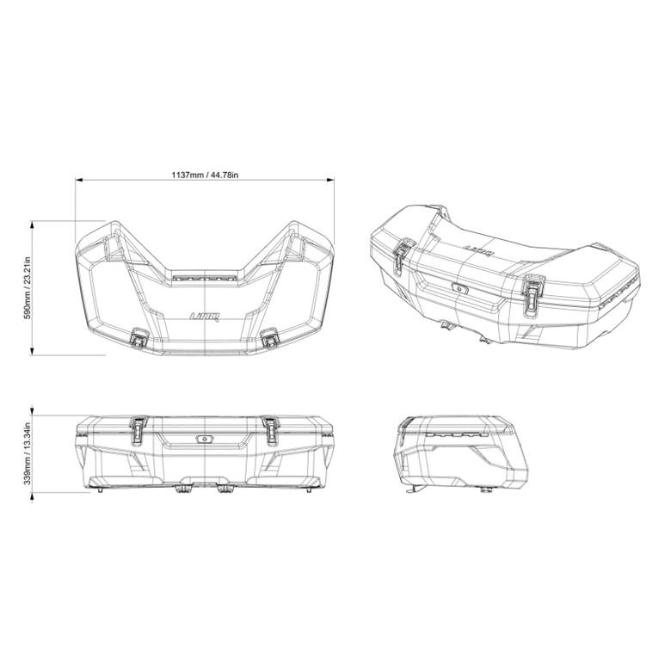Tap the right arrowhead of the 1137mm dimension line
click(x=331, y=181)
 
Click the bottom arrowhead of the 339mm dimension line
click(x=34, y=490)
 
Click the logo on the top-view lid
click(x=205, y=317)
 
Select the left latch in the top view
click(x=138, y=339)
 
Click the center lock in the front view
click(x=205, y=438)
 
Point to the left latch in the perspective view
click(x=402, y=257)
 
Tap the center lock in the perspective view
click(x=459, y=290)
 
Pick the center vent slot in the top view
click(x=205, y=278)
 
